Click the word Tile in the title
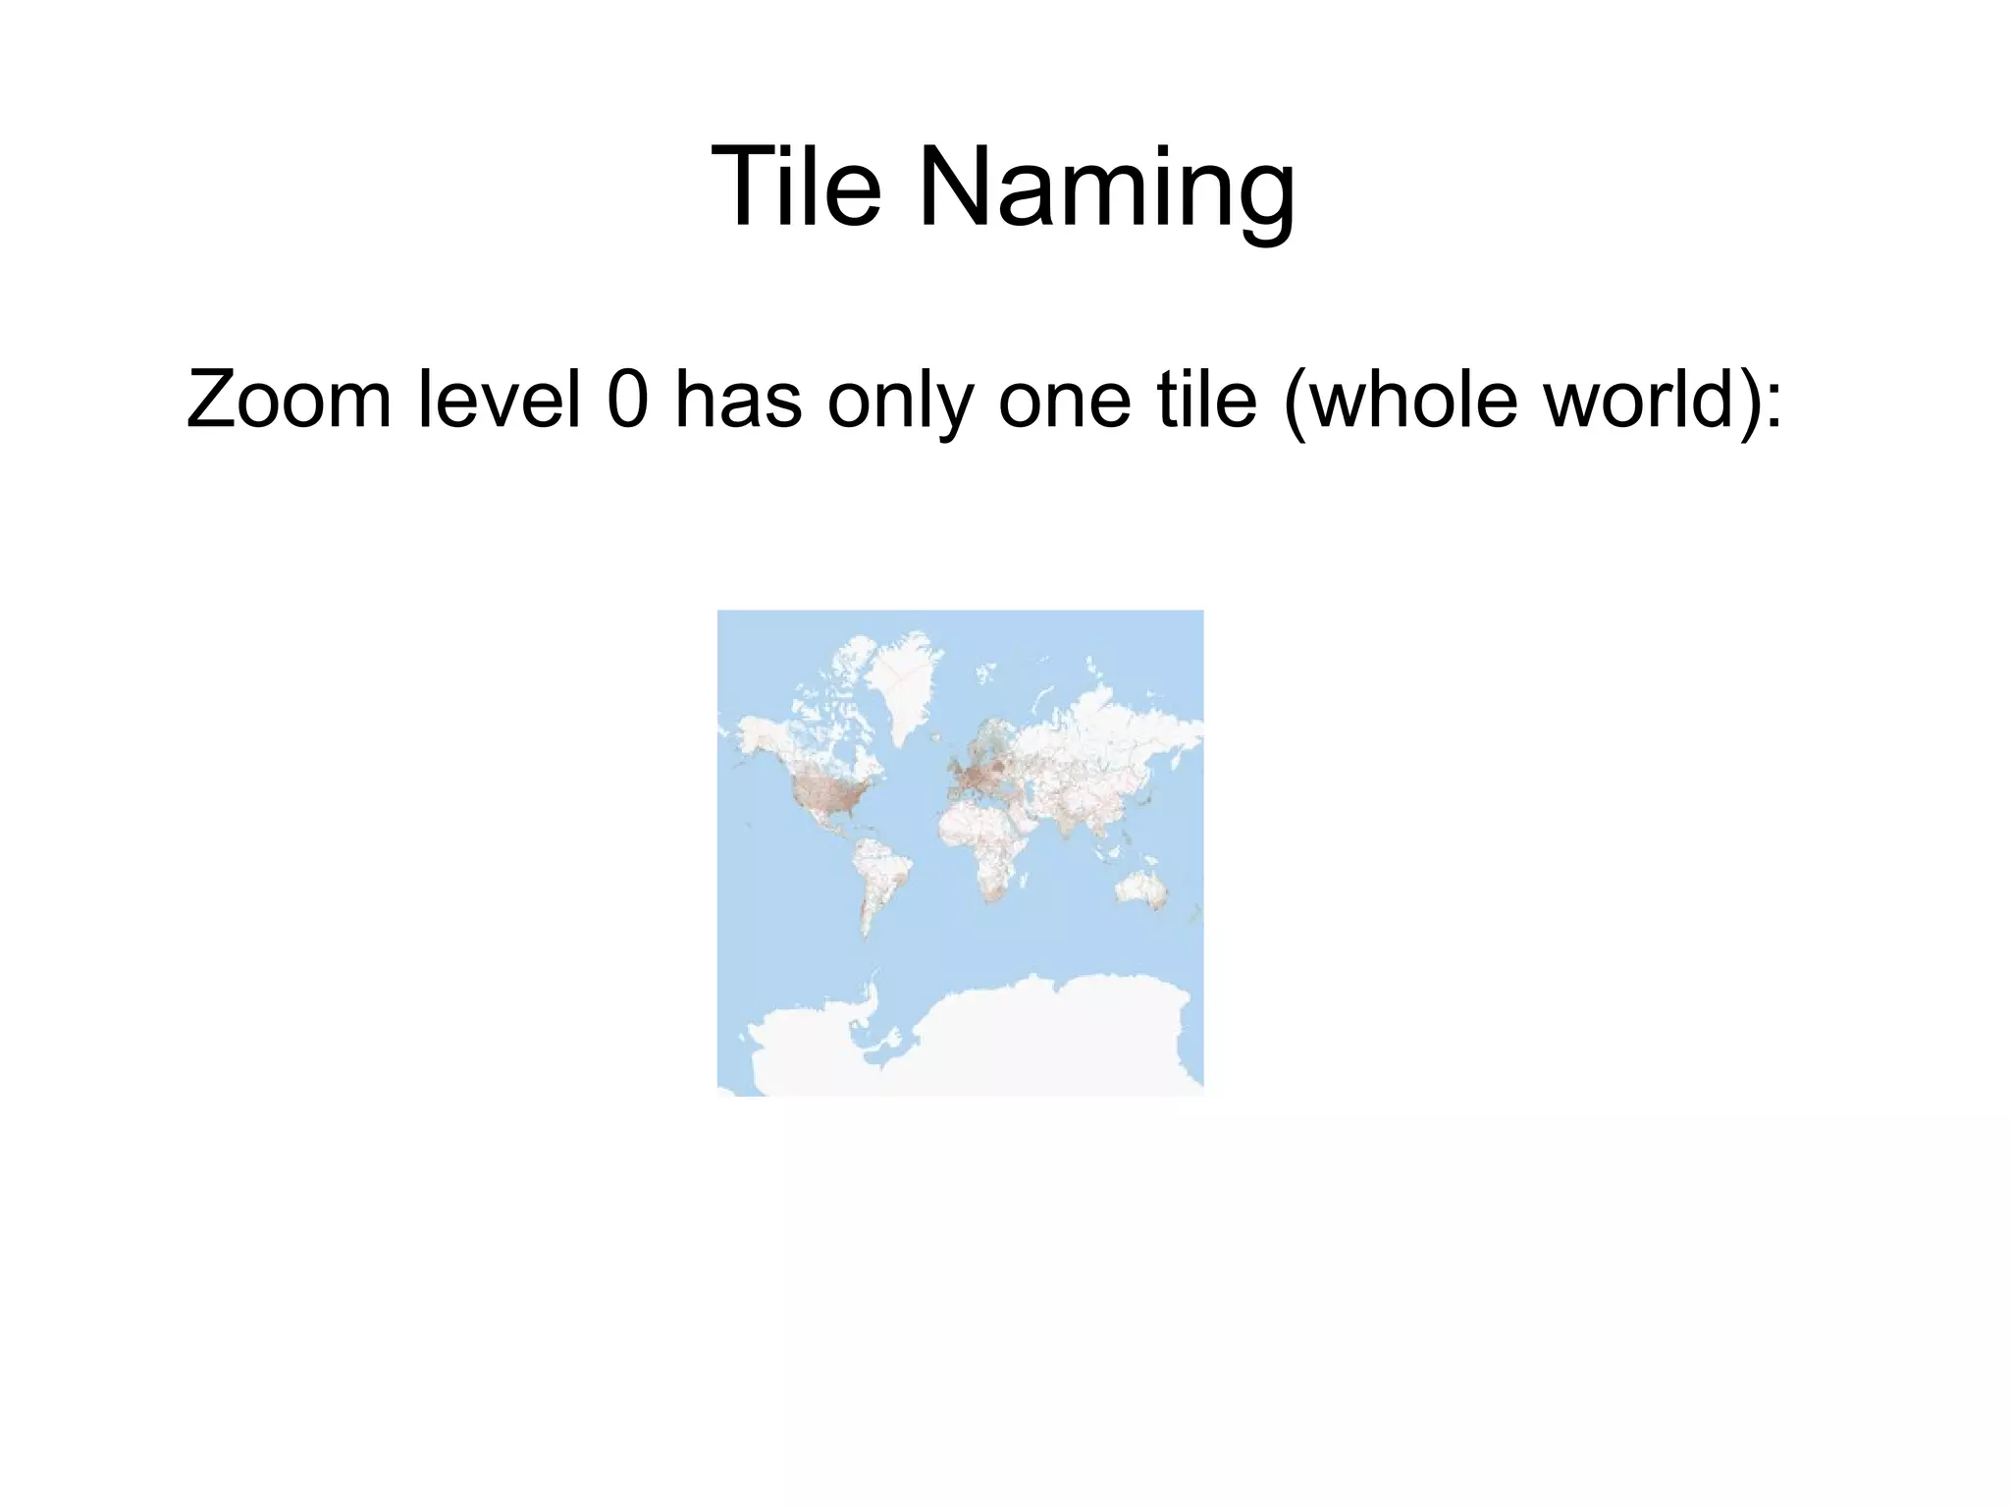[796, 187]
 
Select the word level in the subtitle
[499, 400]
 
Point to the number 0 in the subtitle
[628, 400]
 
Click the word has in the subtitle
[738, 400]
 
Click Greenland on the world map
[905, 682]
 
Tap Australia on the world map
[1141, 889]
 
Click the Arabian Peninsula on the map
[1036, 816]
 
